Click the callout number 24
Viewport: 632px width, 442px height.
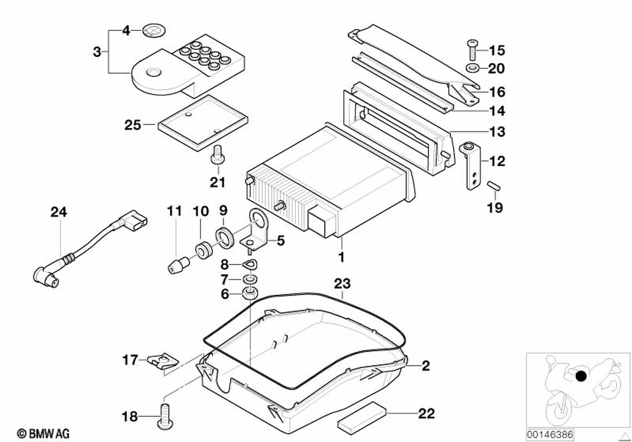click(x=58, y=213)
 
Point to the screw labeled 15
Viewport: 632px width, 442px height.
click(x=471, y=46)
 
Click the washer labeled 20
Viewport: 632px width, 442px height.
click(x=471, y=67)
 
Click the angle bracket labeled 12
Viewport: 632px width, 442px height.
click(x=471, y=165)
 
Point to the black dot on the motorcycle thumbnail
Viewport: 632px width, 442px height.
click(x=580, y=378)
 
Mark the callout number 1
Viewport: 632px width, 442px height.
click(x=341, y=257)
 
